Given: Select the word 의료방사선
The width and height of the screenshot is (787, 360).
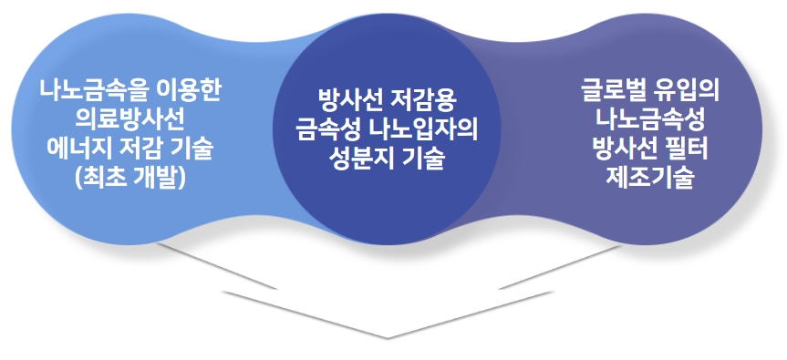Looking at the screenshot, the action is [129, 119].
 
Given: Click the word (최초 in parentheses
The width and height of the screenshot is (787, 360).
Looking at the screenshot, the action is [100, 177].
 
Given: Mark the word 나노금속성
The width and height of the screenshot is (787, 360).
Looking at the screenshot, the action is [650, 119].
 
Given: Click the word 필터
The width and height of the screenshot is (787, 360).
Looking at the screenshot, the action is [689, 148].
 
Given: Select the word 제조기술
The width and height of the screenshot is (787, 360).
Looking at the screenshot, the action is [650, 177].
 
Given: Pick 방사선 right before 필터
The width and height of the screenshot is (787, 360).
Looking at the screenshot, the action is [625, 148].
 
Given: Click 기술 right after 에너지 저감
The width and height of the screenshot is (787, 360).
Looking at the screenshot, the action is [192, 148].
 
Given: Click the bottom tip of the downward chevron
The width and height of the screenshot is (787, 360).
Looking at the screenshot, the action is [387, 337].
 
